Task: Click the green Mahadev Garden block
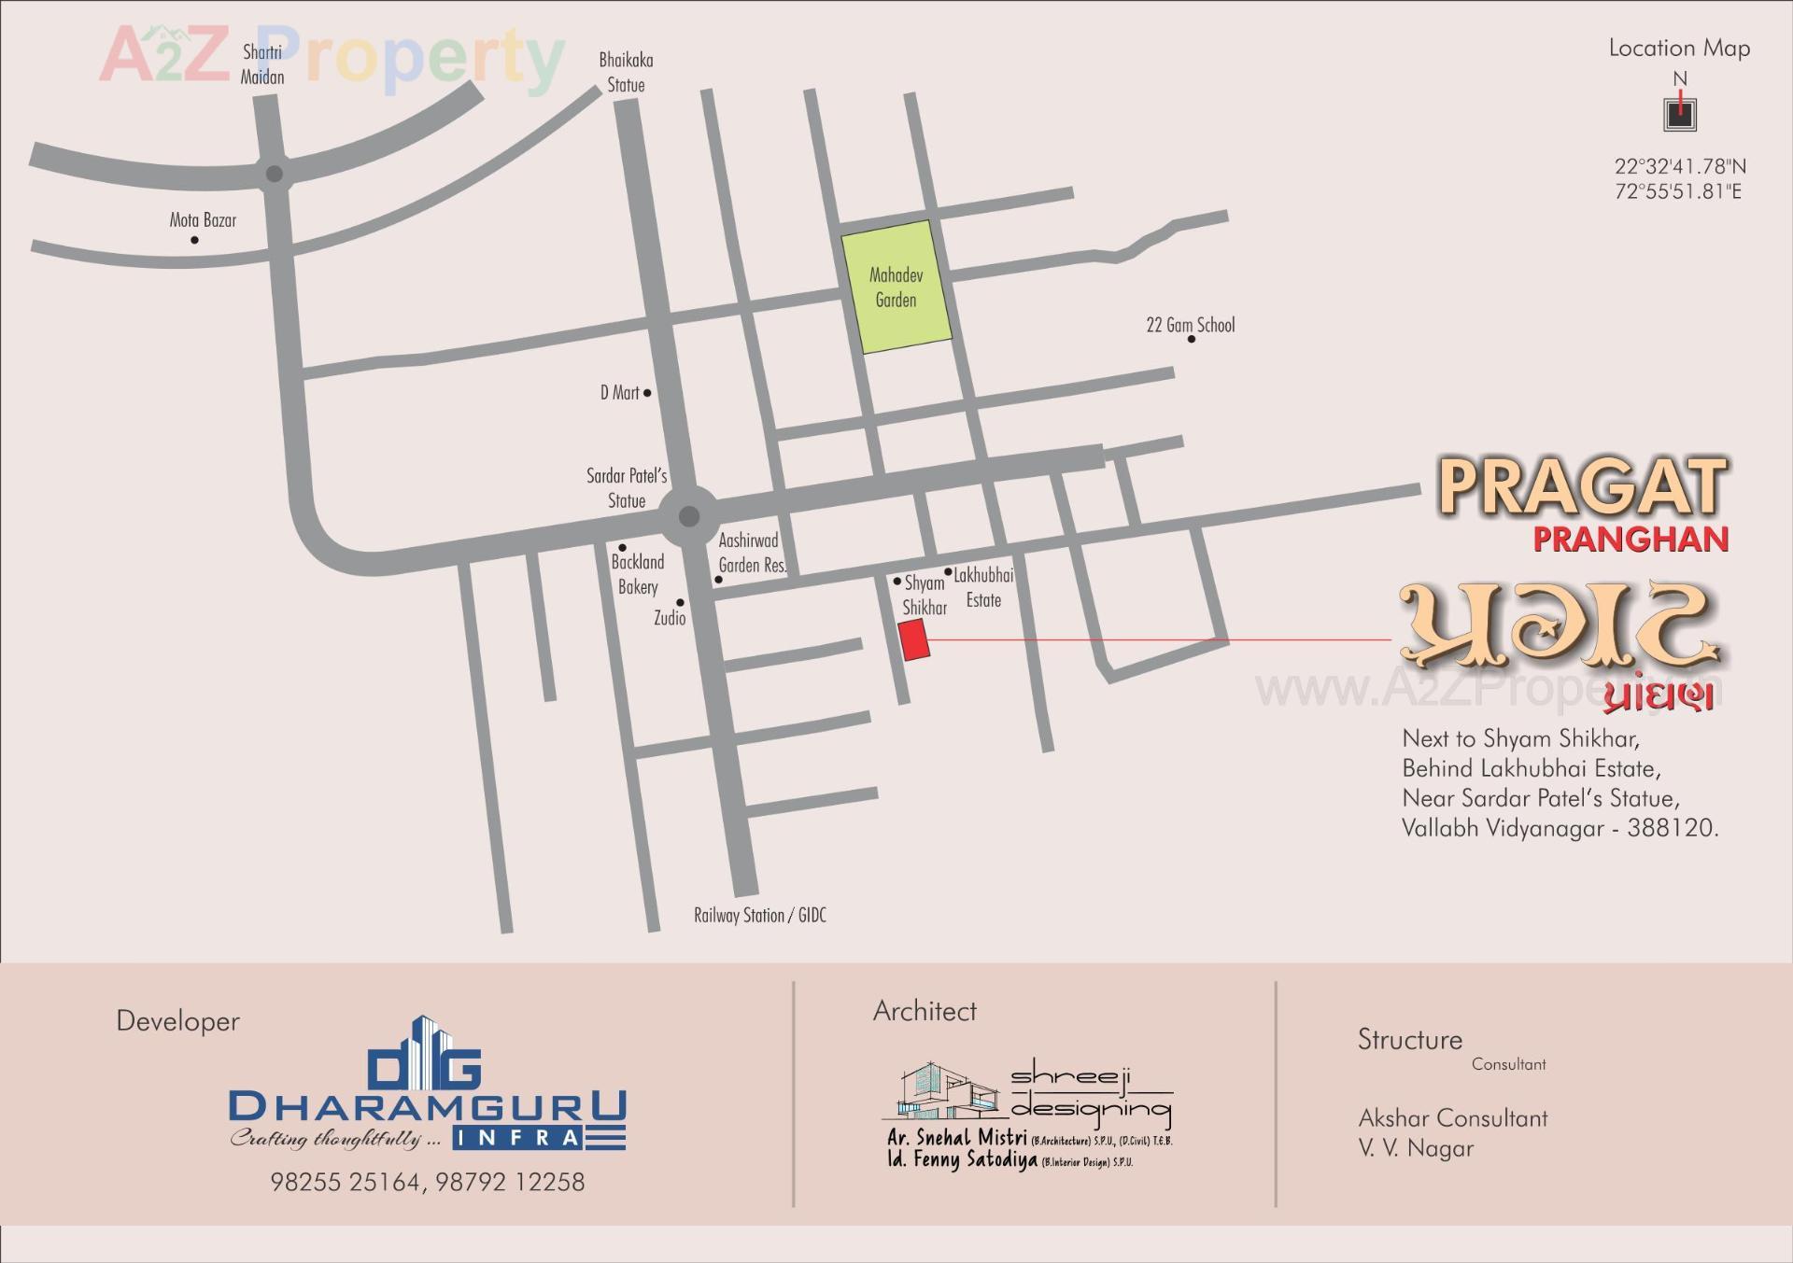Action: click(x=896, y=287)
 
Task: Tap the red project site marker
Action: click(x=914, y=639)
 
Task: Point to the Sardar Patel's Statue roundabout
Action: click(x=689, y=516)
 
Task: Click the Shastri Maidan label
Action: click(x=262, y=64)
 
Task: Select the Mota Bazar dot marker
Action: click(x=194, y=240)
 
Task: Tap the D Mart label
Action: click(x=619, y=393)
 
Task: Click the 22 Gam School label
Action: click(x=1190, y=325)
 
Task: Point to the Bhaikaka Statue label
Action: click(x=626, y=72)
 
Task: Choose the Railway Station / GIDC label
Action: click(x=759, y=915)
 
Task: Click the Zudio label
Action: click(x=670, y=618)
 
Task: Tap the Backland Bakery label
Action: click(x=638, y=574)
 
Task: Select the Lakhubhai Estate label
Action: click(x=983, y=587)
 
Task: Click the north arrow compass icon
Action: click(x=1680, y=113)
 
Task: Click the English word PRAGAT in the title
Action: click(x=1582, y=486)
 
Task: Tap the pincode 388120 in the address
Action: click(x=1672, y=828)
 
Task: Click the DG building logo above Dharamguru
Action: click(x=425, y=1054)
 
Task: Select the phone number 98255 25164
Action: click(x=346, y=1182)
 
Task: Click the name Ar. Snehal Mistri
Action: click(x=956, y=1138)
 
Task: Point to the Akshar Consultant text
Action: click(x=1452, y=1117)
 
